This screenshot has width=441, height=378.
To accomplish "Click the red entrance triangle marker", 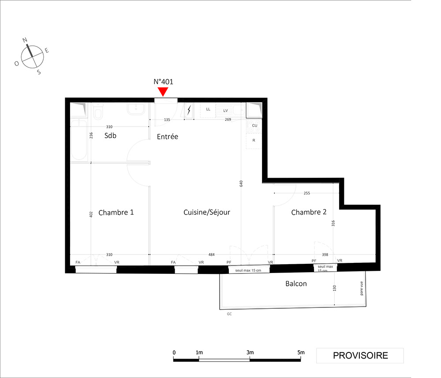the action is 163,91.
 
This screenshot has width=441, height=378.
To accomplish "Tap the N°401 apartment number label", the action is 164,82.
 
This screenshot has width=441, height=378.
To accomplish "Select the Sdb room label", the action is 110,135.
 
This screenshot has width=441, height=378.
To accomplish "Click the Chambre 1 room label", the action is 116,212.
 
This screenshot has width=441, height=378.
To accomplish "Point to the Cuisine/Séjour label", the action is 207,212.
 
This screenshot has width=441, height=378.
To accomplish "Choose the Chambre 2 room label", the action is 309,212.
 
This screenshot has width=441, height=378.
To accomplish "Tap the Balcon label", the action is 296,284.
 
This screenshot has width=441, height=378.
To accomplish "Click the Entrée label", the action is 167,137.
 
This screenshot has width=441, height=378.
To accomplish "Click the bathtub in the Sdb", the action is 79,140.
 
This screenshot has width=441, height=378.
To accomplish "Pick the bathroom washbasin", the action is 136,109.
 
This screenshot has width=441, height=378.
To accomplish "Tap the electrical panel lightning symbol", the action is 189,110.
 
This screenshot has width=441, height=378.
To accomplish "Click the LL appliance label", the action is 208,109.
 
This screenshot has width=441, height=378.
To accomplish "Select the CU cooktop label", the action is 254,125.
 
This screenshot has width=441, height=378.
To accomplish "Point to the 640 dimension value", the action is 241,183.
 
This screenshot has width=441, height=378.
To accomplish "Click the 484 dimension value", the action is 212,254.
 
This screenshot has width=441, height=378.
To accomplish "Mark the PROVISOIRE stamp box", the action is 360,356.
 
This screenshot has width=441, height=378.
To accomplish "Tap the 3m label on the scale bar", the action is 250,352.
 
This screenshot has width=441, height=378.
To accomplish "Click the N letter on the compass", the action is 25,40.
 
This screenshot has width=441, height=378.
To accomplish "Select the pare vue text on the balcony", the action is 362,288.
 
